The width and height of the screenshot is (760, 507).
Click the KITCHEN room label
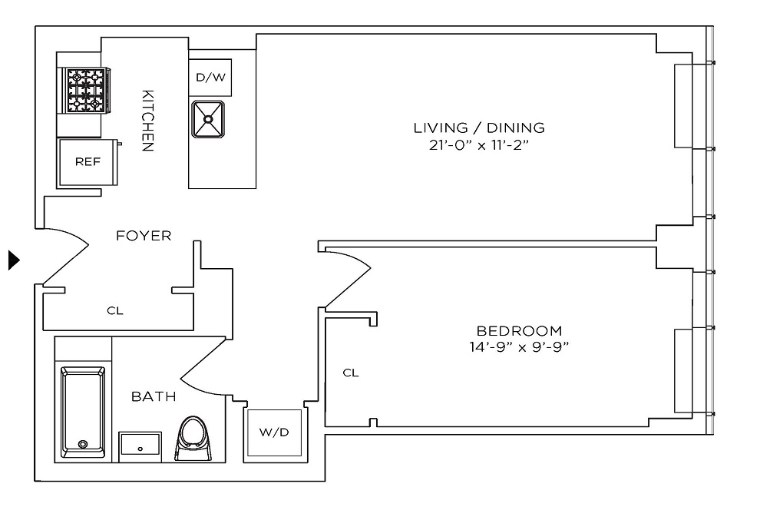tap(148, 120)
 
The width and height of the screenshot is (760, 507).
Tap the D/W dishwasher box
tap(210, 78)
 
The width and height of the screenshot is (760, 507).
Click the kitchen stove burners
tap(86, 89)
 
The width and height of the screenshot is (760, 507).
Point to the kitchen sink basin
tap(210, 119)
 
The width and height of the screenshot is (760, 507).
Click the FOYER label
tap(144, 236)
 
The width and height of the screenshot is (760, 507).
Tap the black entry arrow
tap(13, 260)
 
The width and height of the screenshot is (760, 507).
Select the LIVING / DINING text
tap(479, 128)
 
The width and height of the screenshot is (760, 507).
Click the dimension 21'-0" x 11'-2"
tap(479, 144)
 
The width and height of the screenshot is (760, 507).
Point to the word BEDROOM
tap(519, 331)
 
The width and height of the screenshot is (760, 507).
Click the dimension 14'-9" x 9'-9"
tap(519, 347)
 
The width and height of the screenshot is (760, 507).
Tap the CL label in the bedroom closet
tap(351, 373)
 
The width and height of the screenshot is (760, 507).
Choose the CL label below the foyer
tap(115, 311)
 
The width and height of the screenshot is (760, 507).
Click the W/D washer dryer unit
tap(274, 432)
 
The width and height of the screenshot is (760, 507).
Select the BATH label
tap(154, 397)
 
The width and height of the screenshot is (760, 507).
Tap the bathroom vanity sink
tap(140, 446)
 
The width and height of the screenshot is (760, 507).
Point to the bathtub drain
tap(83, 444)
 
